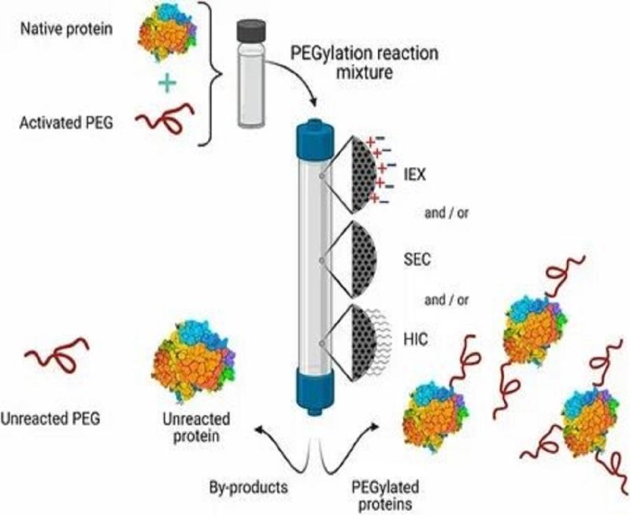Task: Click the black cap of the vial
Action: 250,29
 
